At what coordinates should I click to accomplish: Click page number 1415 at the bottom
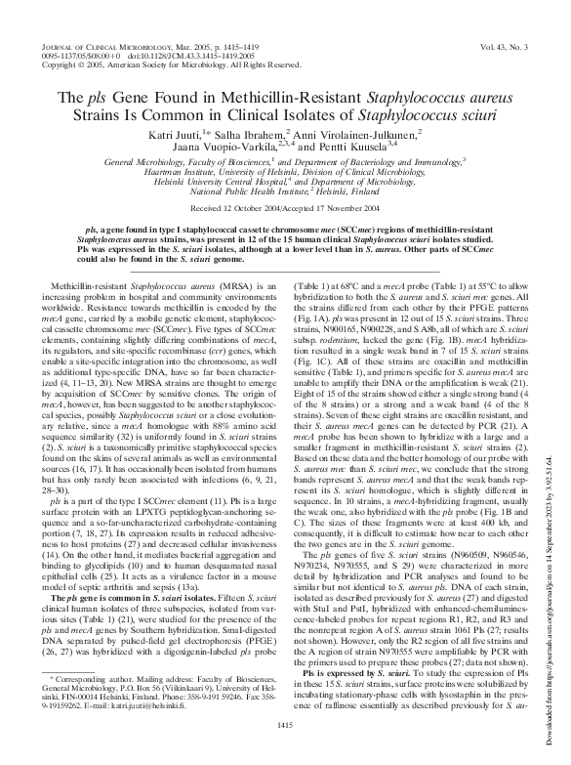[286, 750]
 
